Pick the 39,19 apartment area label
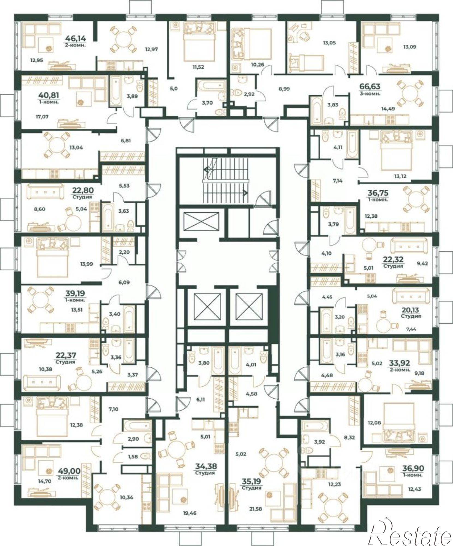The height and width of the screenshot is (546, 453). click(75, 293)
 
